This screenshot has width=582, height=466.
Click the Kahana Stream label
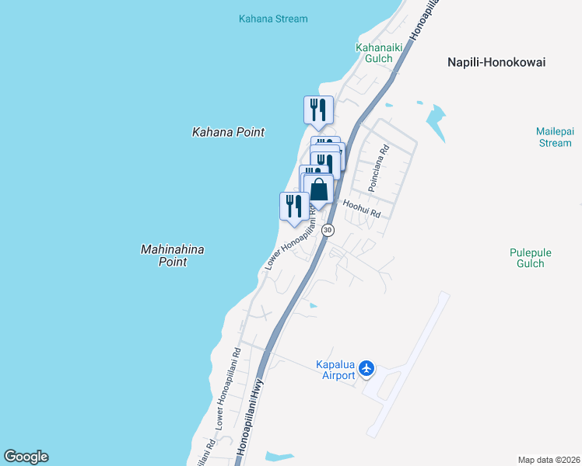coord(273,19)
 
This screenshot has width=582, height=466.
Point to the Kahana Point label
coord(228,132)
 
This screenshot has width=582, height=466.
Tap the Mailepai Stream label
coord(554,137)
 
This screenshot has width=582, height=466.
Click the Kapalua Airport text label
coord(339,370)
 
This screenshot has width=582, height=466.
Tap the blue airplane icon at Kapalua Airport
coord(368,368)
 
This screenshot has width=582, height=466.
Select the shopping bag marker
coord(318,190)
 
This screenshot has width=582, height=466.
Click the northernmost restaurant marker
coord(317,109)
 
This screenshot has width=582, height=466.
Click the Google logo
coord(26,457)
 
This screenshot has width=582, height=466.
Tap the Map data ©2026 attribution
coord(549,460)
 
